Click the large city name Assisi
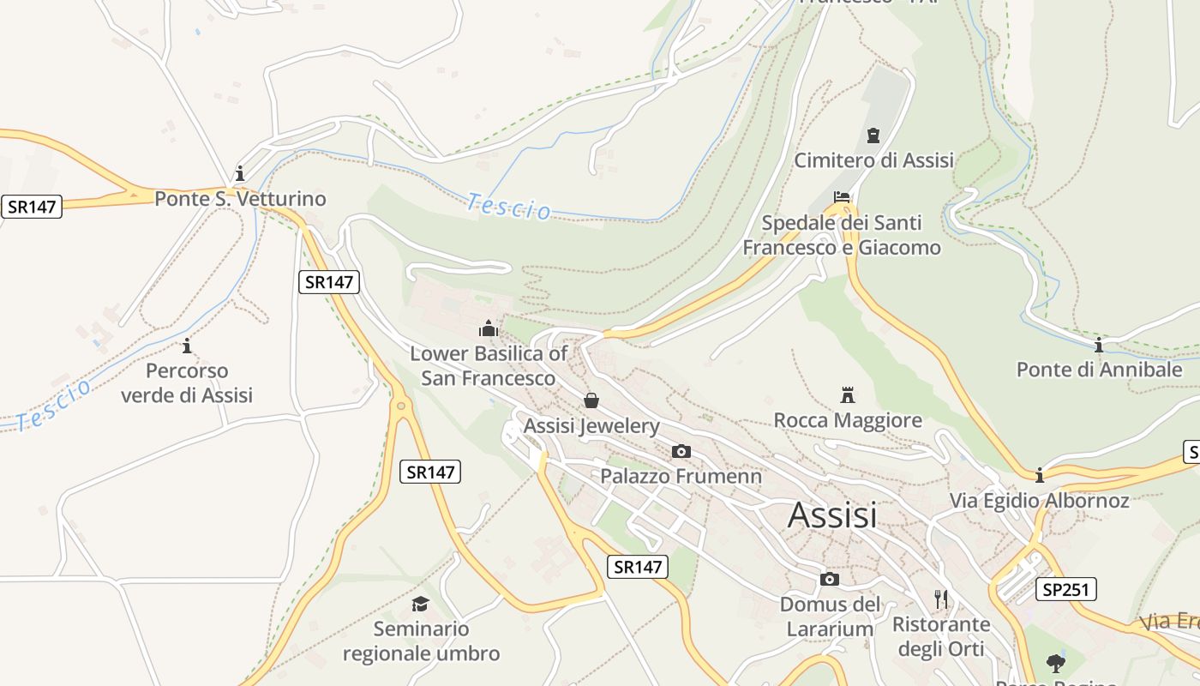point(832,514)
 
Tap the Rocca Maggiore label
point(848,420)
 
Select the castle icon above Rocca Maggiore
point(848,395)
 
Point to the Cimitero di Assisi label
point(873,160)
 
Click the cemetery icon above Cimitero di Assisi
point(873,135)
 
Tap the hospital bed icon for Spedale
point(842,198)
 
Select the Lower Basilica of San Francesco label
point(489,365)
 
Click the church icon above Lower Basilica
point(489,328)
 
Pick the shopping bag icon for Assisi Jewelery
point(591,400)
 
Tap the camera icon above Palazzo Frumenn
point(681,451)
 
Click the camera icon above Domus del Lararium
point(829,579)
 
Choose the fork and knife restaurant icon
point(941,599)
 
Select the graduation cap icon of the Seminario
point(420,605)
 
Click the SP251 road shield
point(1065,589)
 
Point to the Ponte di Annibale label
point(1099,370)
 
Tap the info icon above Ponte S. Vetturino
point(240,172)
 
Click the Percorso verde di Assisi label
point(187,382)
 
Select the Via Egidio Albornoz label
point(1039,500)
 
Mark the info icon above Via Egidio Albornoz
point(1040,475)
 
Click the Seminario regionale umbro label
point(421,641)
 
